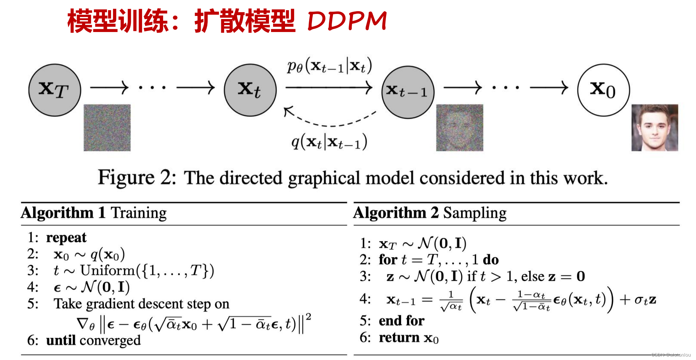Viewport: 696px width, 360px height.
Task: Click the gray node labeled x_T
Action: (54, 90)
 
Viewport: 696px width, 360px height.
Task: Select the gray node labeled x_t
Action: (250, 90)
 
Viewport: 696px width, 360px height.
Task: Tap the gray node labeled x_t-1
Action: (408, 92)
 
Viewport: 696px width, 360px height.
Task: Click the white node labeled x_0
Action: (603, 90)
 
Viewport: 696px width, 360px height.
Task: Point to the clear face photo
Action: (654, 128)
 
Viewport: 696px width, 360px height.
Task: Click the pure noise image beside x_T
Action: (107, 128)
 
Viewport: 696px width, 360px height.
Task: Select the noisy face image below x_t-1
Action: (459, 128)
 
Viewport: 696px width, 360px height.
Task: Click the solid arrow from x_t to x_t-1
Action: (329, 87)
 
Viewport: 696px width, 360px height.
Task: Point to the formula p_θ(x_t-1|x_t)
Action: (329, 66)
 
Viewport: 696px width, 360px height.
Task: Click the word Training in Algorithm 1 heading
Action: (139, 213)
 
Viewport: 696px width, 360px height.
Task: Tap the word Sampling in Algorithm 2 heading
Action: (475, 213)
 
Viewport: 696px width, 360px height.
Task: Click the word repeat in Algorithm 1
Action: (66, 238)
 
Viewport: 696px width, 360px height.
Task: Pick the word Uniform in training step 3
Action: (108, 271)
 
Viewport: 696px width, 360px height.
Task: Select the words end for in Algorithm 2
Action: (401, 321)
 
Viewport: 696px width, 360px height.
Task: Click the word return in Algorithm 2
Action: (399, 338)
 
